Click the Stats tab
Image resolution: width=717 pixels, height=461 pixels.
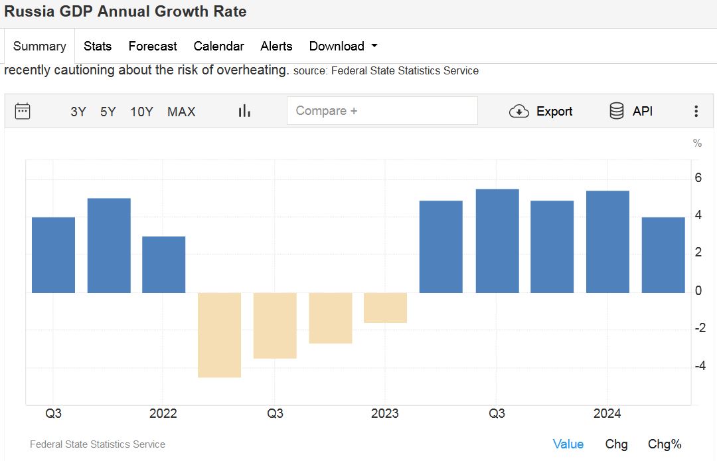coord(98,46)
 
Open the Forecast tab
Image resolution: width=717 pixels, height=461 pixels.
coord(153,46)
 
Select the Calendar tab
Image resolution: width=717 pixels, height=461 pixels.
coord(218,46)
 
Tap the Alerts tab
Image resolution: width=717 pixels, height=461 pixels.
coord(276,46)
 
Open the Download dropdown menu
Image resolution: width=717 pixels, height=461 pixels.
coord(343,46)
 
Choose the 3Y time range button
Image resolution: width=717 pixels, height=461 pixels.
coord(78,112)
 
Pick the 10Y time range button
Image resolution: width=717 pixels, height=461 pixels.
coord(141,112)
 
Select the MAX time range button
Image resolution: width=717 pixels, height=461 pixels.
coord(181,112)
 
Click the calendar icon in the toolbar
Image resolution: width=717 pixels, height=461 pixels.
coord(23,111)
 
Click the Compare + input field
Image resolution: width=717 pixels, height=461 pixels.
coord(382,111)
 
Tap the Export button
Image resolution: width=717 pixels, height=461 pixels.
coord(540,112)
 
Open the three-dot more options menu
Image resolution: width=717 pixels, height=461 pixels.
coord(696,112)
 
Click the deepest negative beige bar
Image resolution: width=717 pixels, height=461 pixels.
coord(219,335)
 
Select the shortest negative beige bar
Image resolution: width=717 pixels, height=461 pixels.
coord(385,308)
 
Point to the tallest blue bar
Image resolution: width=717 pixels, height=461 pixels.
coord(497,240)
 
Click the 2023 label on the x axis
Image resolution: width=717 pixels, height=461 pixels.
coord(385,414)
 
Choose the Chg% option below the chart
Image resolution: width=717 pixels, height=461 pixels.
coord(665,444)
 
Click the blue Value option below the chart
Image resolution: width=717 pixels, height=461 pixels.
coord(568,444)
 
